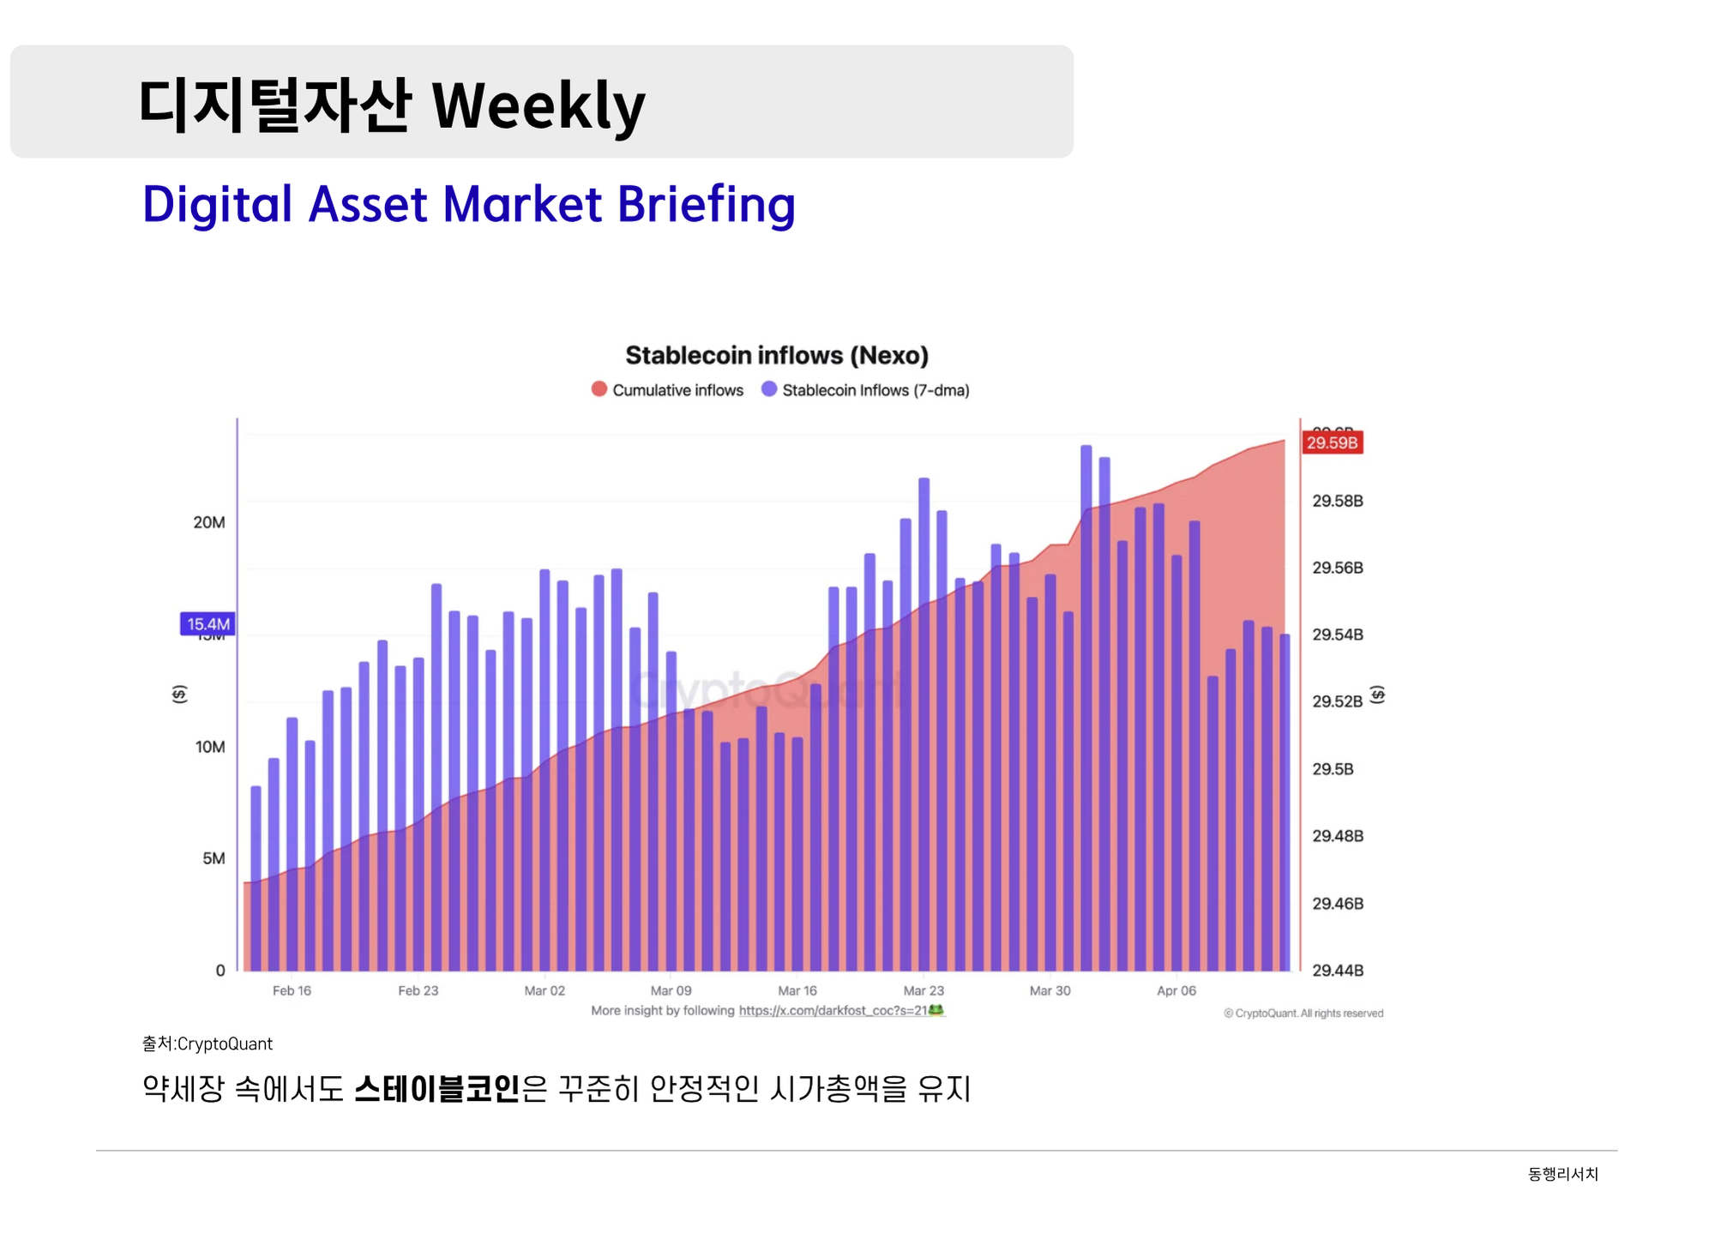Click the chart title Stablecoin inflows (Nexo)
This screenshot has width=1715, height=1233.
(776, 355)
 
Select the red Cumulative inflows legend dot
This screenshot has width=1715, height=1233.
(599, 389)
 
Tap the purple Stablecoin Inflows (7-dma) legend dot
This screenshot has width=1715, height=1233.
(769, 389)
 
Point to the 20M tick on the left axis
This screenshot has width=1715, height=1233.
(209, 522)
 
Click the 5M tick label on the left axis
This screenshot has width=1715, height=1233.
(214, 858)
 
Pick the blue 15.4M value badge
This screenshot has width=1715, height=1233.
(208, 624)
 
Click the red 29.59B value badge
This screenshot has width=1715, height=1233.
(1332, 442)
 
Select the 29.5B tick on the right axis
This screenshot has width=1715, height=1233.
(1333, 769)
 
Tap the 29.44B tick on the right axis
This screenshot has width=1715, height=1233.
(1337, 971)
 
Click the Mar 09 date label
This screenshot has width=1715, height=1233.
(671, 990)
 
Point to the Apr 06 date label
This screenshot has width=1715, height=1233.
(1176, 990)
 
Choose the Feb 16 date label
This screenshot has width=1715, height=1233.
(292, 990)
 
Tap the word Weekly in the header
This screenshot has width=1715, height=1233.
(538, 106)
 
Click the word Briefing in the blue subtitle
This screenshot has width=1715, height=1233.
(706, 205)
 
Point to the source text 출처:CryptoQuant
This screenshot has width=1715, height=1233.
(208, 1044)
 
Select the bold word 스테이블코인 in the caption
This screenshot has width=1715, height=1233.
(436, 1089)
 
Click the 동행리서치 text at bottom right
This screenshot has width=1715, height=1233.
(1562, 1174)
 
